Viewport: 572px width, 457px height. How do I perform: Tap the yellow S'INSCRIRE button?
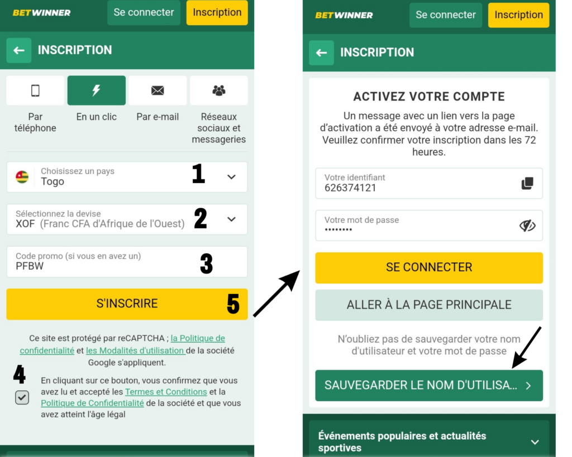127,304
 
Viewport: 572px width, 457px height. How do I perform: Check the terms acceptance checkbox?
22,397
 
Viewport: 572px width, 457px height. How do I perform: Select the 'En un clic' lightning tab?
96,90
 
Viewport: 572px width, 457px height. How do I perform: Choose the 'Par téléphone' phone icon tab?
35,90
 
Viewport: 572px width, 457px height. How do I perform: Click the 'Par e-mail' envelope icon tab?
158,90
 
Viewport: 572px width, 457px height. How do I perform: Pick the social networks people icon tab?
218,90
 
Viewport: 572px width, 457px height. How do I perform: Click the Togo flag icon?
22,177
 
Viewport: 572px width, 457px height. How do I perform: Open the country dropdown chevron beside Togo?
231,177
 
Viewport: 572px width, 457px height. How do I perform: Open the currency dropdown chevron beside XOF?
231,219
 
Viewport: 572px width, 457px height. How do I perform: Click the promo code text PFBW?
30,266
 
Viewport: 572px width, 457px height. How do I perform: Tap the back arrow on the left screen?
19,50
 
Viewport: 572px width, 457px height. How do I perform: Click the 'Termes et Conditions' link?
166,392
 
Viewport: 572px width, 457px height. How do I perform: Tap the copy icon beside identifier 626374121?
527,183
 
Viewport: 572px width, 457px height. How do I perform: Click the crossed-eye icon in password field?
527,225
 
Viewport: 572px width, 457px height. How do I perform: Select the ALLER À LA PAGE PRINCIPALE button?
429,305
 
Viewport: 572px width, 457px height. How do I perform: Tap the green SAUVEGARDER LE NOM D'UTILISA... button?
429,385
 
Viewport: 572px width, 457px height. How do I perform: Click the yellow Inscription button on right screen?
518,15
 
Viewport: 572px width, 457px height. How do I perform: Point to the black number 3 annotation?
206,264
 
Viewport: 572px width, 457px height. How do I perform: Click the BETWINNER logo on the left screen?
42,12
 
